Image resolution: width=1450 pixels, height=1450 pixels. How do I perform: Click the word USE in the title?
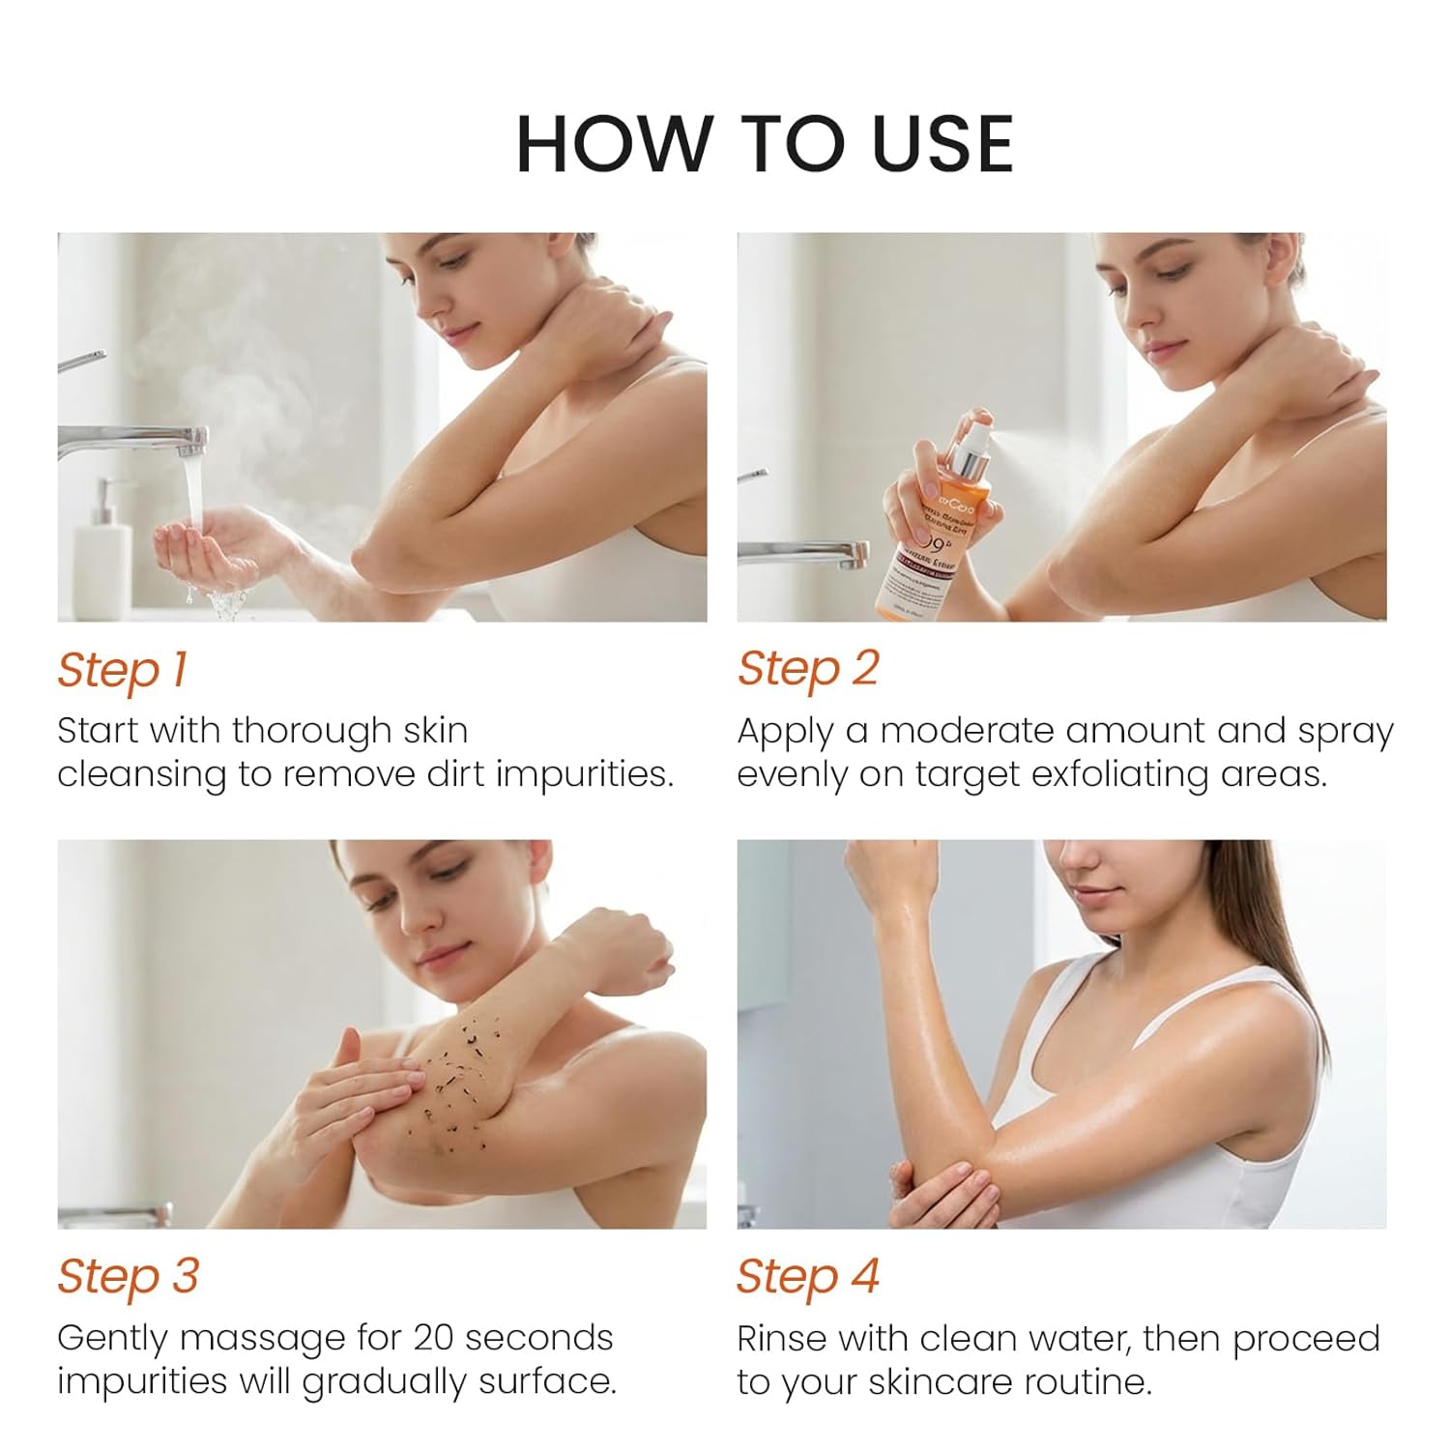click(x=942, y=145)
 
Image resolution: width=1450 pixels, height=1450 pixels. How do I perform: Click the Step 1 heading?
click(x=122, y=670)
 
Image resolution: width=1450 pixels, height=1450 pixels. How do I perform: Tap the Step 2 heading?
click(x=807, y=669)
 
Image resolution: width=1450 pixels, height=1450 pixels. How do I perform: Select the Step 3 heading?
click(x=128, y=1276)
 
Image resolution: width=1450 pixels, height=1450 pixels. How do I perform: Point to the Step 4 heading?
click(x=807, y=1276)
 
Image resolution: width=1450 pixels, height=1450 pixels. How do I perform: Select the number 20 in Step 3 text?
click(x=434, y=1338)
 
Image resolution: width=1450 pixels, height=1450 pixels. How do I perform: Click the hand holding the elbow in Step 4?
click(x=942, y=1194)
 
